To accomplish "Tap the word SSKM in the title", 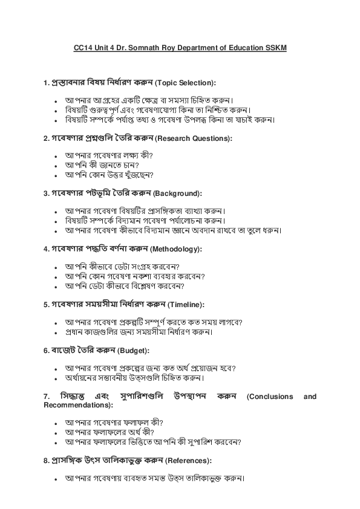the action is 277,48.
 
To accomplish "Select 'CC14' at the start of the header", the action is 82,48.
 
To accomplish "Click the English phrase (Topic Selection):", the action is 186,82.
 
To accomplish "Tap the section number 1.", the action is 46,82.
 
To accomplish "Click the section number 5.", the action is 46,305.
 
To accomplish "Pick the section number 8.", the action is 46,461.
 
